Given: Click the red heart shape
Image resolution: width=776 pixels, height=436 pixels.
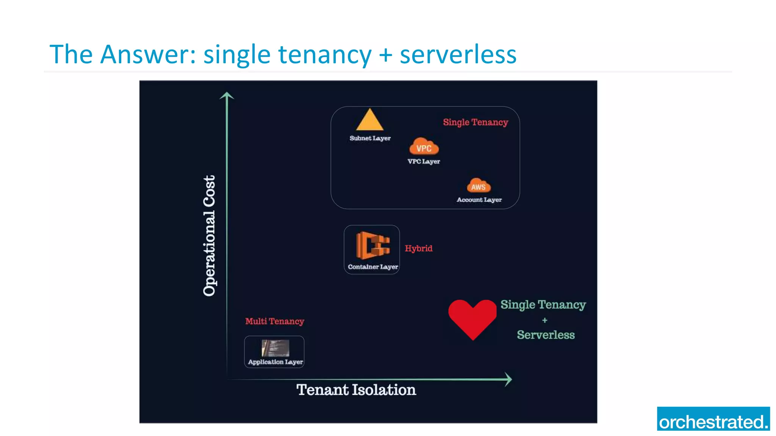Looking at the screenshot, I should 472,317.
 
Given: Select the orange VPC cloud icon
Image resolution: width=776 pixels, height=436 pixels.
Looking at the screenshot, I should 424,147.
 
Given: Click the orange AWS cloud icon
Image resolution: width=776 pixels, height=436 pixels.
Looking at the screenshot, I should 479,186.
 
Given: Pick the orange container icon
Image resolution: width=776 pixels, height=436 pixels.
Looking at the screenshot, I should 372,245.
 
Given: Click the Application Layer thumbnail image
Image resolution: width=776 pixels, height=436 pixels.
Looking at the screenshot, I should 275,348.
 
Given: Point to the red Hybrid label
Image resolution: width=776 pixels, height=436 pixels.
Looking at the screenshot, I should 418,248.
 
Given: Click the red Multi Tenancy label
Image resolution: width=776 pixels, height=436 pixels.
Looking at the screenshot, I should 274,321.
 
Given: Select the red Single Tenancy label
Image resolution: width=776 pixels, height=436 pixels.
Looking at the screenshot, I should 475,122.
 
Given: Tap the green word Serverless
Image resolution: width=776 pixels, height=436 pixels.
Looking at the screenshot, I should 546,335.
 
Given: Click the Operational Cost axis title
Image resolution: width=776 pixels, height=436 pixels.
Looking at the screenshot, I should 209,235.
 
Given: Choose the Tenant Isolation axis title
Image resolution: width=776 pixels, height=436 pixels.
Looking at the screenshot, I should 356,390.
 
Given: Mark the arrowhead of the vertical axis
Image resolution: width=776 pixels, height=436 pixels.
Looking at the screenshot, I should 227,95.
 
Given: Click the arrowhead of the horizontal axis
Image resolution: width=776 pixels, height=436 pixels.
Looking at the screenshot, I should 508,379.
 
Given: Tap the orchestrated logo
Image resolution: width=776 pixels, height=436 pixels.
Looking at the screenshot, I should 713,419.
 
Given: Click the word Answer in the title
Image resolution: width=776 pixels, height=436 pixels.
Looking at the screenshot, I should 148,54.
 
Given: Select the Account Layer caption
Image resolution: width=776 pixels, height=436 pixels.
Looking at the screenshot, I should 479,200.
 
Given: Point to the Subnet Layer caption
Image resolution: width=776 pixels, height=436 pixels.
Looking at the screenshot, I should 370,138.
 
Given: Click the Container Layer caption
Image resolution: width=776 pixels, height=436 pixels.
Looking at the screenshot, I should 373,267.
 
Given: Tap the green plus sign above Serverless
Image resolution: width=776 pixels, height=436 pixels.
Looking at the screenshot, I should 544,320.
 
